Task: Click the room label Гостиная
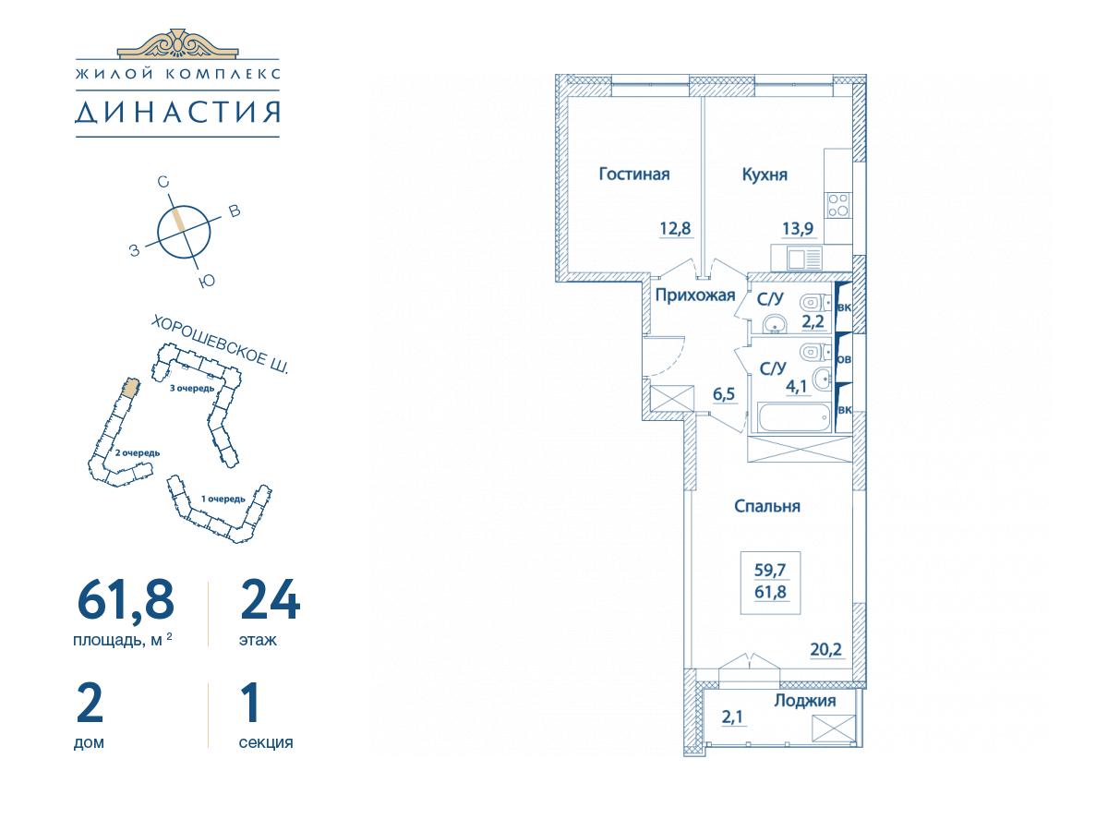click(x=634, y=175)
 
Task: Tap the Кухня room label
click(x=765, y=175)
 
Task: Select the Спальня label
click(x=766, y=506)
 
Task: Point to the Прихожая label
click(x=695, y=295)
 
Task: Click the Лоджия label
click(x=804, y=701)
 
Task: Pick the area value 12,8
click(x=675, y=229)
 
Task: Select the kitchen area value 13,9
click(x=798, y=229)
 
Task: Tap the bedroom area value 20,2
click(x=826, y=649)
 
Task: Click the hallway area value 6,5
click(x=724, y=394)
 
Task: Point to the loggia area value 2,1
click(x=732, y=717)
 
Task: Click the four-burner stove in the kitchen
click(x=838, y=205)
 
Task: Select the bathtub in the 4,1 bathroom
click(x=793, y=416)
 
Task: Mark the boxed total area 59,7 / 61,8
click(x=770, y=581)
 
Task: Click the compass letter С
click(x=163, y=182)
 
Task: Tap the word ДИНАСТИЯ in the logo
click(x=177, y=112)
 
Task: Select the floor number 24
click(x=271, y=599)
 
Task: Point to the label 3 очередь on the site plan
click(x=192, y=389)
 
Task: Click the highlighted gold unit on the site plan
click(x=131, y=388)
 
